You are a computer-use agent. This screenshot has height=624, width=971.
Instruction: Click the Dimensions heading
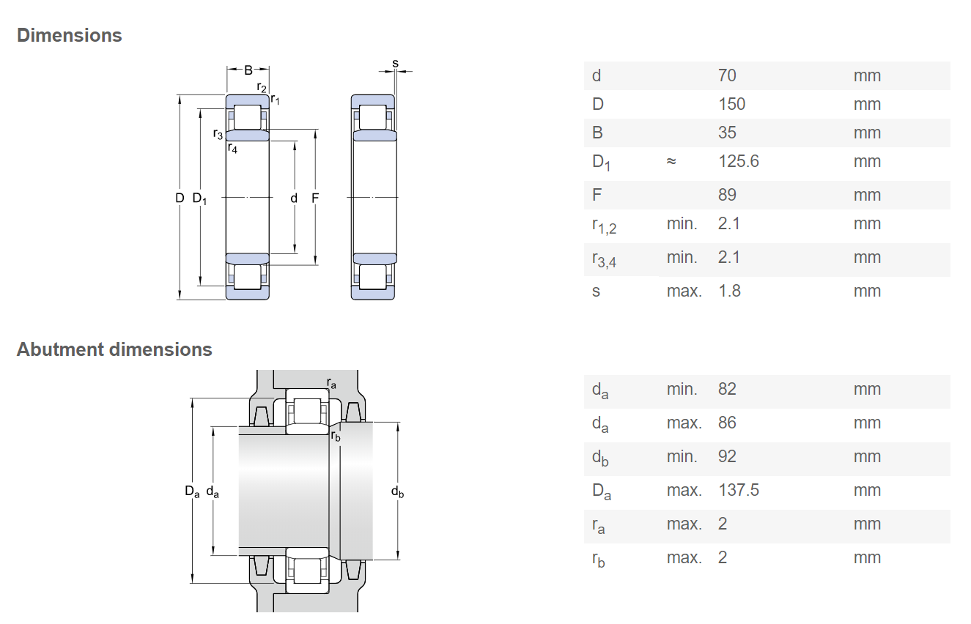click(70, 36)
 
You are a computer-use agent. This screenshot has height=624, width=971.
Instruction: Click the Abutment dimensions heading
click(114, 349)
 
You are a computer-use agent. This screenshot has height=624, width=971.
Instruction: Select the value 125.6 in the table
click(739, 161)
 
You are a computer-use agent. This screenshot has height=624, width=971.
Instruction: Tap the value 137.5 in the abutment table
click(739, 490)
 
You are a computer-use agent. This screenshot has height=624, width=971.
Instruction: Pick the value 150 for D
click(731, 104)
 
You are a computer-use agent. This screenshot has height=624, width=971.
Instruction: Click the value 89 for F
click(727, 195)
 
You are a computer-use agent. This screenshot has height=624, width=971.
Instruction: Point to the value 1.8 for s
click(730, 291)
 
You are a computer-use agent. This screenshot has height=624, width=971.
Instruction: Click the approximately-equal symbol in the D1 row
click(671, 161)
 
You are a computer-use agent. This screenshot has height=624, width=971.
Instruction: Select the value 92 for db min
click(727, 456)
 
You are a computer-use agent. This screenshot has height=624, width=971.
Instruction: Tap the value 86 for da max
click(727, 423)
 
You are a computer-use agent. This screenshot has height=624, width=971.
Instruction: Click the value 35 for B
click(727, 133)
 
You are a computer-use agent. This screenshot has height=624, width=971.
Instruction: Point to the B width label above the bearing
click(248, 70)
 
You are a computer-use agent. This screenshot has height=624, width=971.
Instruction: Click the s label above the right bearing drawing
click(395, 64)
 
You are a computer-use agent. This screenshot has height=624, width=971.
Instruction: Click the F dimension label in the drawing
click(315, 198)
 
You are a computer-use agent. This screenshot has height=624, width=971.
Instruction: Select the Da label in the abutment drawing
click(192, 491)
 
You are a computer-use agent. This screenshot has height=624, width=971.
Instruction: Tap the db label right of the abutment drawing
click(397, 491)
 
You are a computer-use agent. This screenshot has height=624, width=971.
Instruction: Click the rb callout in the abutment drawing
click(336, 436)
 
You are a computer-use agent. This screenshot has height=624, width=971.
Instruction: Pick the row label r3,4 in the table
click(604, 259)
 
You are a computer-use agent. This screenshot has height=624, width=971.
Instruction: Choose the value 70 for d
click(727, 75)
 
